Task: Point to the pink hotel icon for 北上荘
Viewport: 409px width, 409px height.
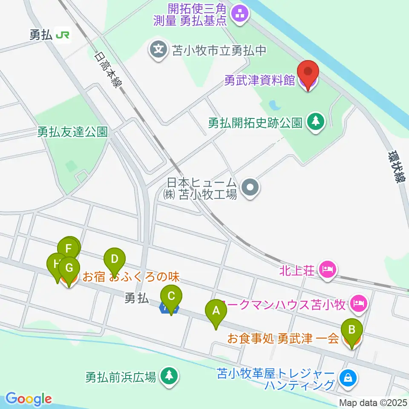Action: pyautogui.click(x=329, y=269)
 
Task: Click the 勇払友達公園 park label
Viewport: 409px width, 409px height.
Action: pyautogui.click(x=72, y=132)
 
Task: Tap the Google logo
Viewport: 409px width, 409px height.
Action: pyautogui.click(x=29, y=399)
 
